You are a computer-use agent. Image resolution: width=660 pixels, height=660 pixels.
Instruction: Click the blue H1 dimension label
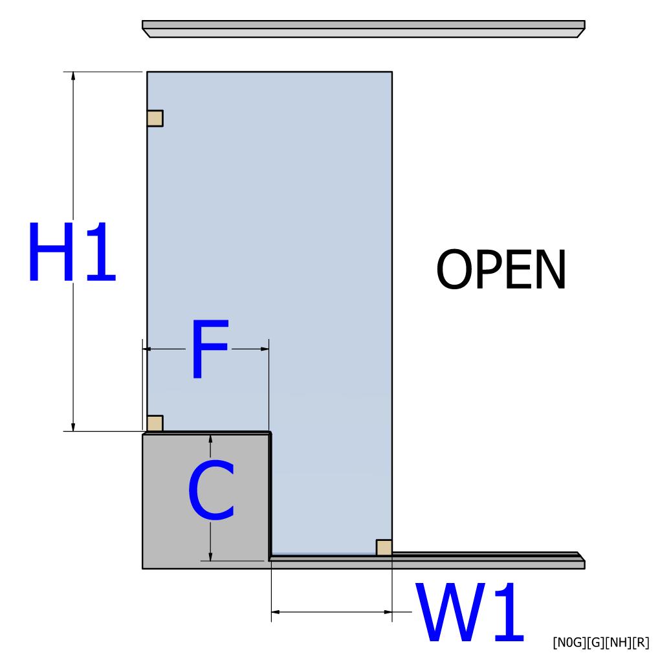[71, 252]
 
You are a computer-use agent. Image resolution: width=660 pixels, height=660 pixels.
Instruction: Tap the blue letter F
[208, 349]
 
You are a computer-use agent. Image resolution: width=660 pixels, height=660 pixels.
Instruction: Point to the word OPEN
[501, 270]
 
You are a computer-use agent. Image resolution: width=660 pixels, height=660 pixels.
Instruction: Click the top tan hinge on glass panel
[155, 118]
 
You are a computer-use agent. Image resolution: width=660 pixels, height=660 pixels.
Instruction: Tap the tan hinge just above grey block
[155, 424]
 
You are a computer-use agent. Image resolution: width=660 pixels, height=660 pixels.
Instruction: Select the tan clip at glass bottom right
[384, 547]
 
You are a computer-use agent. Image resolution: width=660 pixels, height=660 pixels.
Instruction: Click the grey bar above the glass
[364, 28]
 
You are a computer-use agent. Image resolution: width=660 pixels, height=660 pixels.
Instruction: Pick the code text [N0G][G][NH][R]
[600, 642]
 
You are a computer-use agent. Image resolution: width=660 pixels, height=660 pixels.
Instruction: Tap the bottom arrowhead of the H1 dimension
[73, 426]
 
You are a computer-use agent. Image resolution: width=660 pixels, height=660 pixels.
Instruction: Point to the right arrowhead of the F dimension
[265, 349]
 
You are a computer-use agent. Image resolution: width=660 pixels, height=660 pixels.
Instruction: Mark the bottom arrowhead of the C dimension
[210, 556]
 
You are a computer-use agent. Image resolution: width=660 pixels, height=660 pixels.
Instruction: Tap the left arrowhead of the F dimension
[147, 349]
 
